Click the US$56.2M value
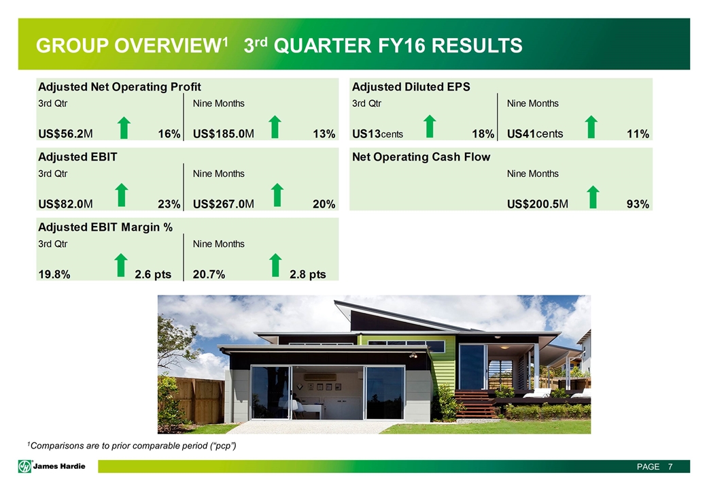(65, 134)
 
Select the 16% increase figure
(169, 134)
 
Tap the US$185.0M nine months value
(223, 134)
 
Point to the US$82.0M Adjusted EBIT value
(65, 204)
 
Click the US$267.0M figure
(223, 204)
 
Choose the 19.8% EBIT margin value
(54, 274)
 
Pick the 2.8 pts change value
(307, 274)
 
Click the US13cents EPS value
(377, 134)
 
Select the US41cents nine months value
(535, 134)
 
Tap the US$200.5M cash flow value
(538, 204)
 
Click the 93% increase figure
(638, 204)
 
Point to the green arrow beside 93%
(593, 197)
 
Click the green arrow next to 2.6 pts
(120, 265)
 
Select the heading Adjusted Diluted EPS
(411, 86)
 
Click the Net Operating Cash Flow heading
(421, 157)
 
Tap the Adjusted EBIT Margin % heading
(105, 227)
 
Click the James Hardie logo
(52, 466)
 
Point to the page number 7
(670, 467)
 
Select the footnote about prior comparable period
(132, 446)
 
